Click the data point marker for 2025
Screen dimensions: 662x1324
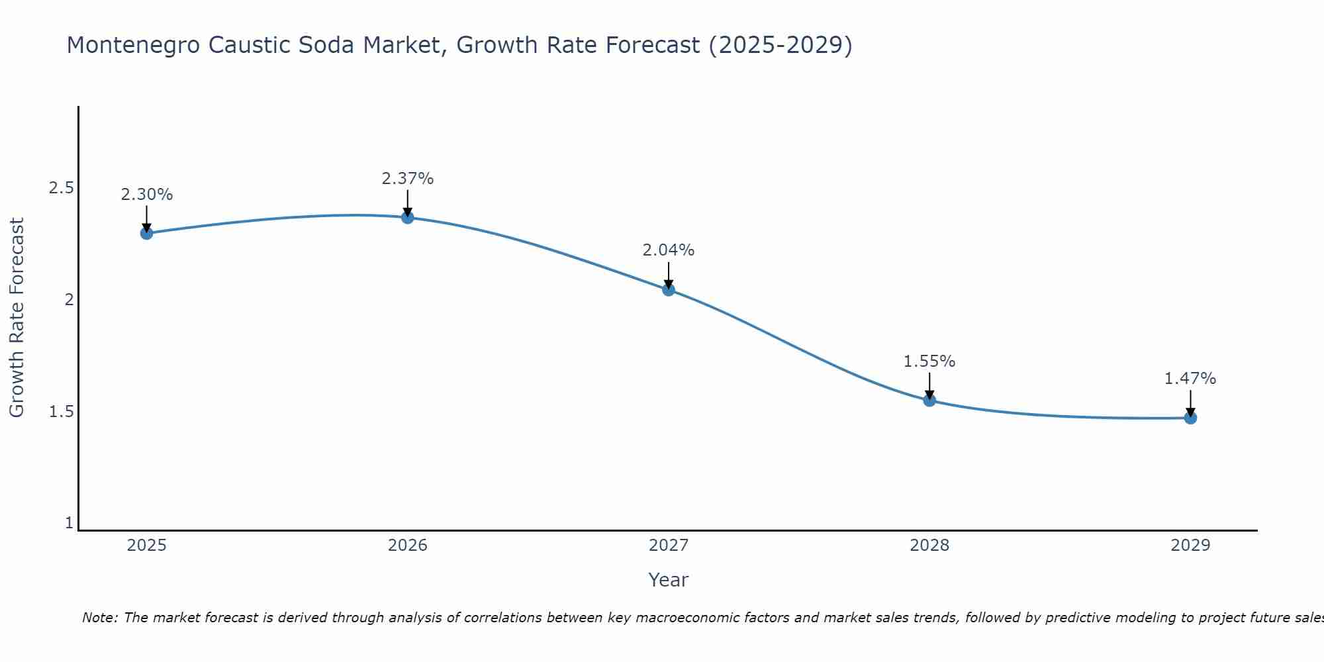(147, 233)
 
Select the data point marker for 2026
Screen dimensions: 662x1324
(408, 217)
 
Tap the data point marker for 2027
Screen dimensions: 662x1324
(669, 289)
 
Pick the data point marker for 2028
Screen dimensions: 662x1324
(929, 400)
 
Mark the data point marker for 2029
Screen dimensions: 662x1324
(1190, 418)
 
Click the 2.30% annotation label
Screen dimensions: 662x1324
(147, 195)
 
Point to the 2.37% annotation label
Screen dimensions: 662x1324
(408, 179)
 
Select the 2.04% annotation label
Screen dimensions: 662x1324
(669, 250)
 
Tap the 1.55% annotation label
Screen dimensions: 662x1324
(929, 361)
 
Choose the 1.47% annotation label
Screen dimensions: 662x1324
(1190, 379)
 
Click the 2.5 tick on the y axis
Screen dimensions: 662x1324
(61, 188)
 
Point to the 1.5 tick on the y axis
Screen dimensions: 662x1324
(61, 412)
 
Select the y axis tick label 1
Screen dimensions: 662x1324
(69, 523)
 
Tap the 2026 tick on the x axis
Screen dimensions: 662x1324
(408, 545)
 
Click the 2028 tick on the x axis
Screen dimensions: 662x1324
(929, 545)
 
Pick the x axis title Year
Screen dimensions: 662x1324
(669, 580)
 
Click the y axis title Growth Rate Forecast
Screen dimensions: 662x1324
(17, 318)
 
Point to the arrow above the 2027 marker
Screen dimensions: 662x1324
(669, 275)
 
